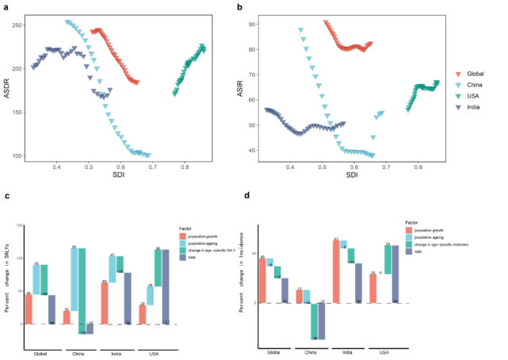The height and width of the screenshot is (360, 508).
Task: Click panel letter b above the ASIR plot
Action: [x=262, y=8]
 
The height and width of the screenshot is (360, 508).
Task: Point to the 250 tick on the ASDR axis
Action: [x=18, y=25]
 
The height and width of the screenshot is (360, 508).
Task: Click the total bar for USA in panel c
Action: [x=166, y=286]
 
